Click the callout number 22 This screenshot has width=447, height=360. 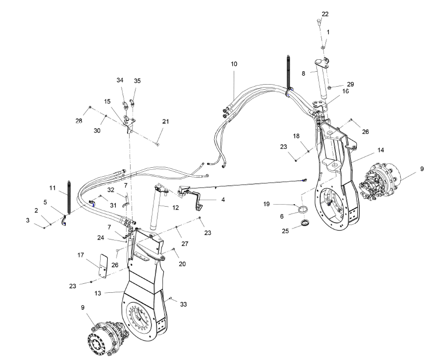(x=325, y=14)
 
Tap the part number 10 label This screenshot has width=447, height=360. (x=234, y=64)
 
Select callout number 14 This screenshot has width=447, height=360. (x=381, y=149)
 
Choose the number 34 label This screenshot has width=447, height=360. (x=120, y=81)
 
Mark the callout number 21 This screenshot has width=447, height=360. (x=165, y=121)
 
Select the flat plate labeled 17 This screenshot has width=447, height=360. (x=103, y=266)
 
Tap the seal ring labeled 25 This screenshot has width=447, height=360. (x=304, y=220)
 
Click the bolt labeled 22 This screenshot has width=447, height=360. (x=318, y=22)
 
